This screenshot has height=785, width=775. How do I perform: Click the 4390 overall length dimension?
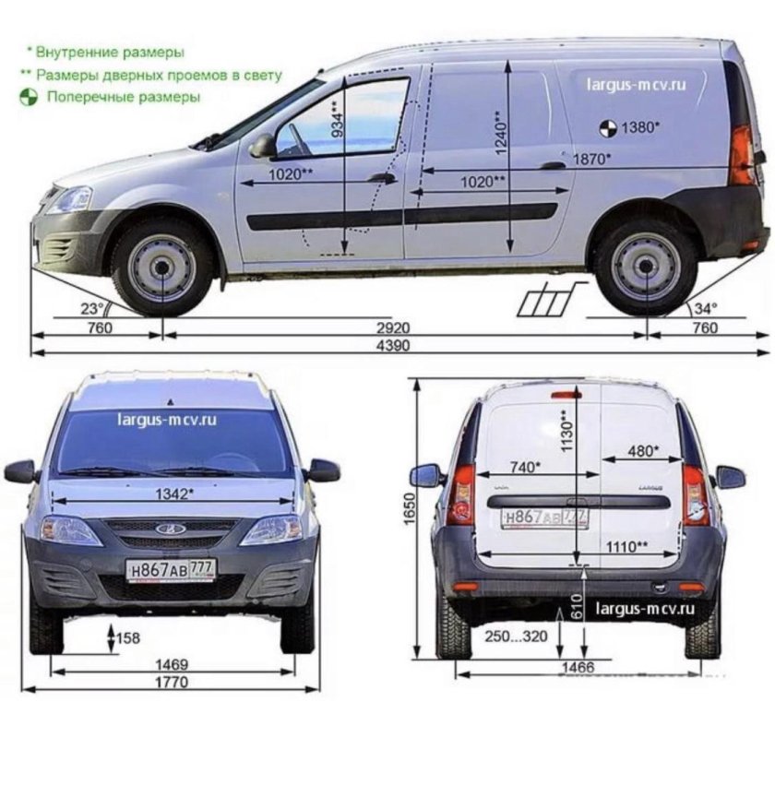pyautogui.click(x=393, y=345)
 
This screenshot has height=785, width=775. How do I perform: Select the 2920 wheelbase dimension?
pyautogui.click(x=393, y=327)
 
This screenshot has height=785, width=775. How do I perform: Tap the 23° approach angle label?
pyautogui.click(x=92, y=308)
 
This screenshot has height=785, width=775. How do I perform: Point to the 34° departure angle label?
pyautogui.click(x=706, y=308)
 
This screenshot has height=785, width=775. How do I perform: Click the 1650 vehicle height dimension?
pyautogui.click(x=410, y=508)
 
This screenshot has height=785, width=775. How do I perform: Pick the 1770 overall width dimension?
pyautogui.click(x=172, y=682)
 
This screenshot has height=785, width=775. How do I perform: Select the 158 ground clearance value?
pyautogui.click(x=128, y=638)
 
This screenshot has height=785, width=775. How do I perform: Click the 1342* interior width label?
pyautogui.click(x=173, y=494)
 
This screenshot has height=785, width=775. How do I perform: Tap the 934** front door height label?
pyautogui.click(x=338, y=119)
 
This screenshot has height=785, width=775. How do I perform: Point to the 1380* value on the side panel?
pyautogui.click(x=640, y=127)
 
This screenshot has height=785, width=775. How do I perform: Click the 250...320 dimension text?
pyautogui.click(x=516, y=636)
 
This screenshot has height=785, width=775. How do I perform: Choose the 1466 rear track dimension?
pyautogui.click(x=578, y=667)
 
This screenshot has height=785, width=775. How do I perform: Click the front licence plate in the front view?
pyautogui.click(x=172, y=570)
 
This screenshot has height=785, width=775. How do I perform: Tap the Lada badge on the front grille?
pyautogui.click(x=170, y=529)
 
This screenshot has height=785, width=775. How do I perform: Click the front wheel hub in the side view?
pyautogui.click(x=161, y=268)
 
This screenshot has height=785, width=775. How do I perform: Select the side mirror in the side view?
pyautogui.click(x=263, y=146)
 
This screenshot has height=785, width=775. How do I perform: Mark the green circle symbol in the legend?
pyautogui.click(x=29, y=97)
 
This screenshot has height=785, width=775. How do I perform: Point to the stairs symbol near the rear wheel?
pyautogui.click(x=551, y=300)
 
